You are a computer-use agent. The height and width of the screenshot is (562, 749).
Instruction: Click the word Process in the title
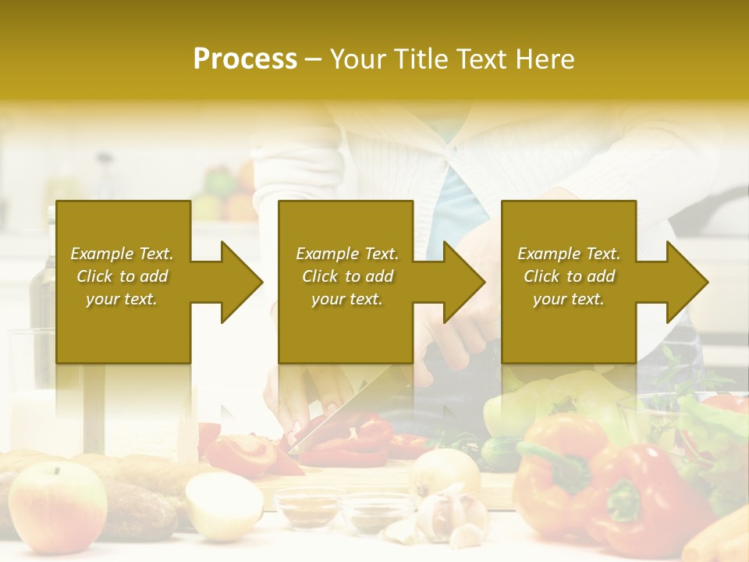pos(245,59)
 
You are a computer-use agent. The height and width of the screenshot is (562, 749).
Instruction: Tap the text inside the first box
pos(122,276)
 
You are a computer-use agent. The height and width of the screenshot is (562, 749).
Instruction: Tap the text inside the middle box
pos(347,276)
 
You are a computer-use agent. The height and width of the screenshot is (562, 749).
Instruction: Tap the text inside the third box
pos(569,276)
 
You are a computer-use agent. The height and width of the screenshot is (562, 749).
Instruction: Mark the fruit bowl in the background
pos(226,195)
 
